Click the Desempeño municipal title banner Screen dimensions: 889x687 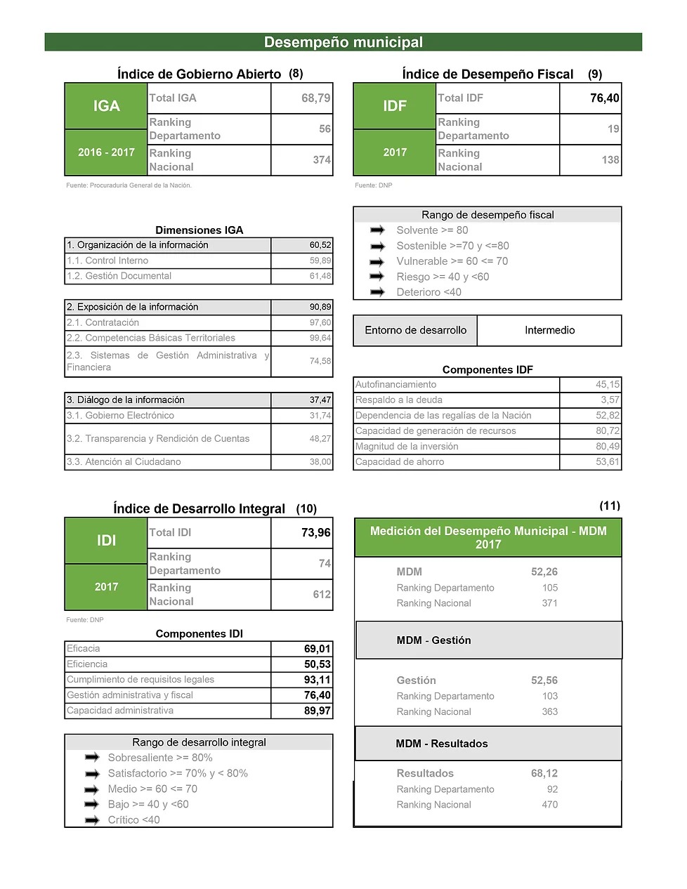point(343,42)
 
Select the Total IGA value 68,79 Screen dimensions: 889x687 point(315,98)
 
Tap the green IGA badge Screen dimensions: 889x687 point(106,106)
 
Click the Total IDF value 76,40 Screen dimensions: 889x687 point(604,98)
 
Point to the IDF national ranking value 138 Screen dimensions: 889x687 point(610,160)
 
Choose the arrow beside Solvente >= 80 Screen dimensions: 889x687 point(378,230)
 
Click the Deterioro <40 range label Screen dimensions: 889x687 point(428,292)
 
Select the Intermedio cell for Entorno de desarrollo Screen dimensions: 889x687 point(549,330)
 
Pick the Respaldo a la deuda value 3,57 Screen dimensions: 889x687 point(609,400)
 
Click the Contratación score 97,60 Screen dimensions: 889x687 point(320,322)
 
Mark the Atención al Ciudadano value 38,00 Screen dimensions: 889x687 point(320,462)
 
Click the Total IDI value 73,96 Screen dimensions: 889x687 point(315,533)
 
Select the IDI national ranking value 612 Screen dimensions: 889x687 point(321,595)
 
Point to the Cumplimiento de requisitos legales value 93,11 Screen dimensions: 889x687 point(317,680)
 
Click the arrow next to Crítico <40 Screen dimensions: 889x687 point(92,820)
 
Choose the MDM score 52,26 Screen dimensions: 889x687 point(544,572)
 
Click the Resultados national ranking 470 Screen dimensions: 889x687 point(549,805)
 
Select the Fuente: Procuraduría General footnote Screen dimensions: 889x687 point(129,185)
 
